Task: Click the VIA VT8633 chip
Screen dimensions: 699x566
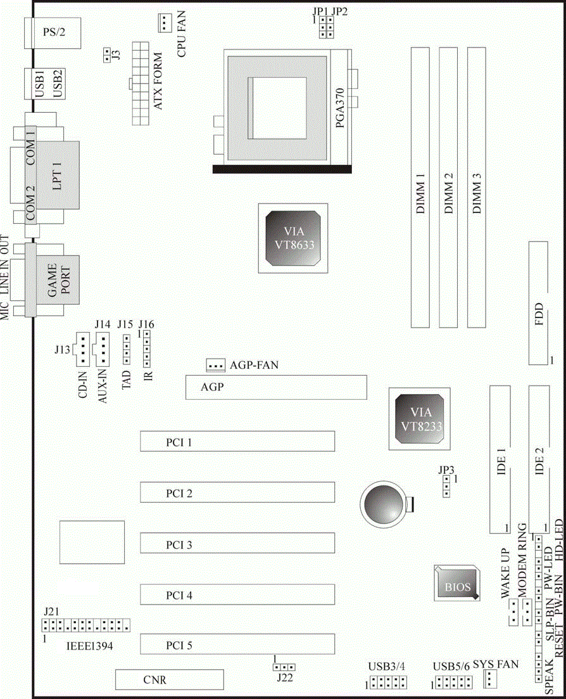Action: [x=292, y=239]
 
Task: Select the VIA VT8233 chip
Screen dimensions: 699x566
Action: [x=417, y=418]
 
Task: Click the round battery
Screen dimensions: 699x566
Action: [x=382, y=504]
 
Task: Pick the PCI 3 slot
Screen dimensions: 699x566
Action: [x=237, y=544]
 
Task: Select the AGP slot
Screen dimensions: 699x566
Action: [x=275, y=387]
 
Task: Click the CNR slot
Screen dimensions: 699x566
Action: [x=169, y=680]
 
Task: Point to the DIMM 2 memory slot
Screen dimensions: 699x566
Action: [x=448, y=187]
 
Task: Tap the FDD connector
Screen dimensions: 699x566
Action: [x=538, y=303]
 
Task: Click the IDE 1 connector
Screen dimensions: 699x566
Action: [x=500, y=459]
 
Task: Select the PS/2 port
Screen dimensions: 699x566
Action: [x=53, y=32]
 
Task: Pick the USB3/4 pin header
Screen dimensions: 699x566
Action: [x=388, y=683]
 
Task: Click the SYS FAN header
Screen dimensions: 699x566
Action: [x=491, y=680]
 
